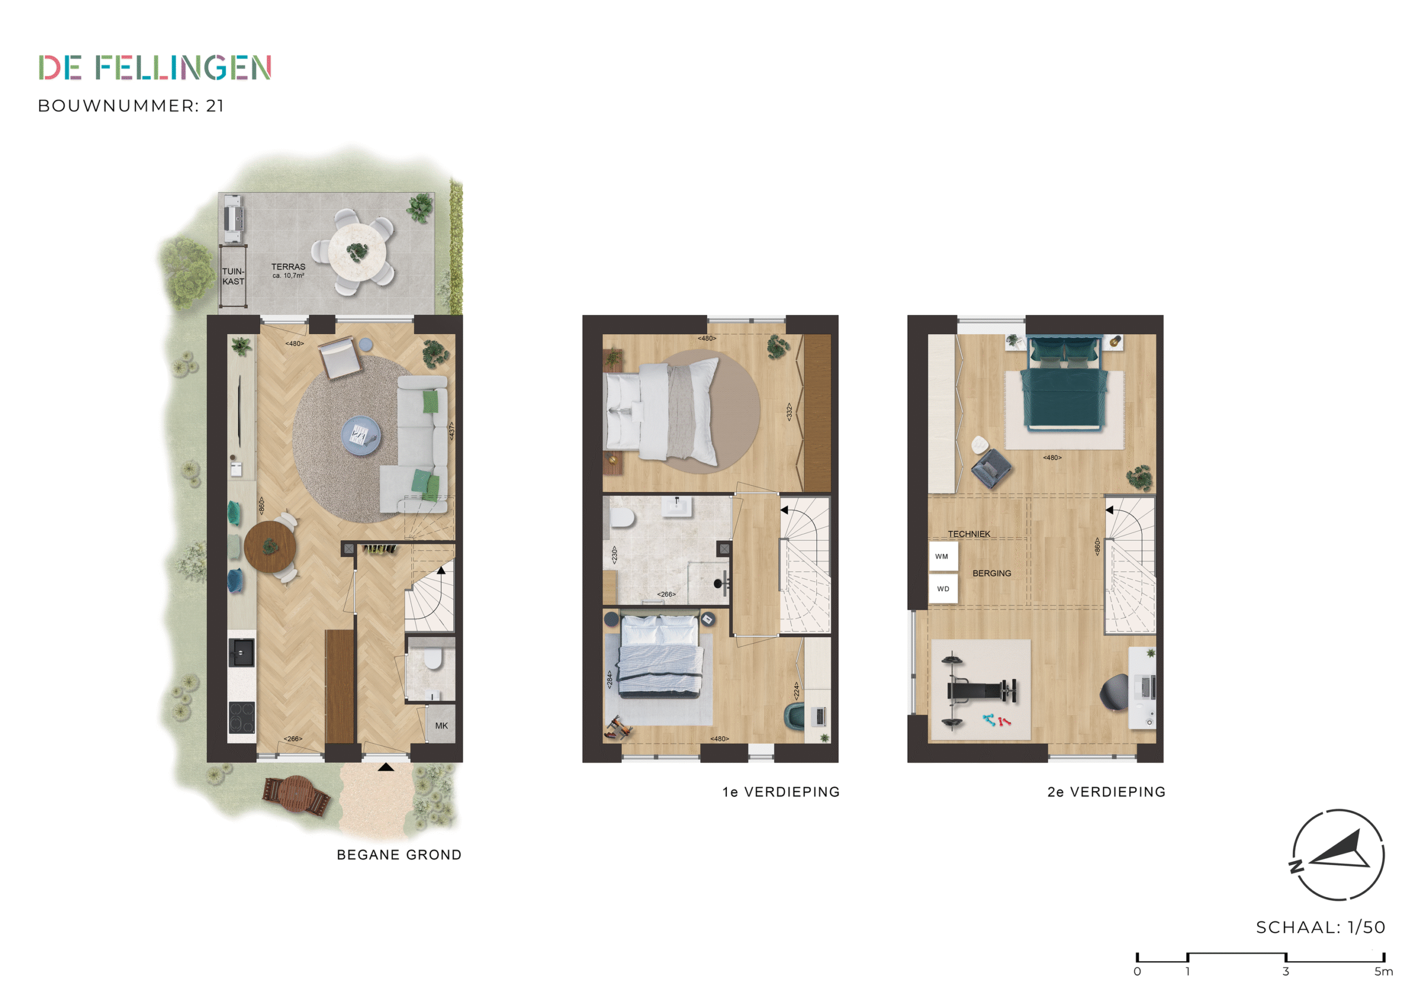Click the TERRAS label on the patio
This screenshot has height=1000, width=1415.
pyautogui.click(x=288, y=267)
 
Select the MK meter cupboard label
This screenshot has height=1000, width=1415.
pyautogui.click(x=441, y=726)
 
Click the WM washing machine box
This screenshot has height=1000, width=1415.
pyautogui.click(x=943, y=556)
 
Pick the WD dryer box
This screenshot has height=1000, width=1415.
pyautogui.click(x=943, y=589)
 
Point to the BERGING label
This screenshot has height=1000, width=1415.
pyautogui.click(x=992, y=573)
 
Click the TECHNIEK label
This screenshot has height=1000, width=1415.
pyautogui.click(x=969, y=534)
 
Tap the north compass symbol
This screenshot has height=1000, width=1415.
pyautogui.click(x=1338, y=855)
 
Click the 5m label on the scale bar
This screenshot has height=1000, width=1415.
pyautogui.click(x=1383, y=972)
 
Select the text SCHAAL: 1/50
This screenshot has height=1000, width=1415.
pyautogui.click(x=1320, y=927)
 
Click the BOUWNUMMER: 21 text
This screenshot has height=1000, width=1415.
pyautogui.click(x=130, y=106)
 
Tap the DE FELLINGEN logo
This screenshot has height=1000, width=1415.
pyautogui.click(x=155, y=68)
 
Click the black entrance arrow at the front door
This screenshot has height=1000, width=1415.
pyautogui.click(x=386, y=767)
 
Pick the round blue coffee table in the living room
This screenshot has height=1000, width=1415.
pyautogui.click(x=361, y=435)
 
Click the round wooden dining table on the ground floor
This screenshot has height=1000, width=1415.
pyautogui.click(x=270, y=547)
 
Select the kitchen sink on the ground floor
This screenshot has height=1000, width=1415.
pyautogui.click(x=242, y=652)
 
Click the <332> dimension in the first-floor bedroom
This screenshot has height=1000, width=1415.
pyautogui.click(x=788, y=412)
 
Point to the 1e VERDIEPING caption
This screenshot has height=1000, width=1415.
pyautogui.click(x=781, y=792)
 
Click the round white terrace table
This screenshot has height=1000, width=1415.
pyautogui.click(x=357, y=251)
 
